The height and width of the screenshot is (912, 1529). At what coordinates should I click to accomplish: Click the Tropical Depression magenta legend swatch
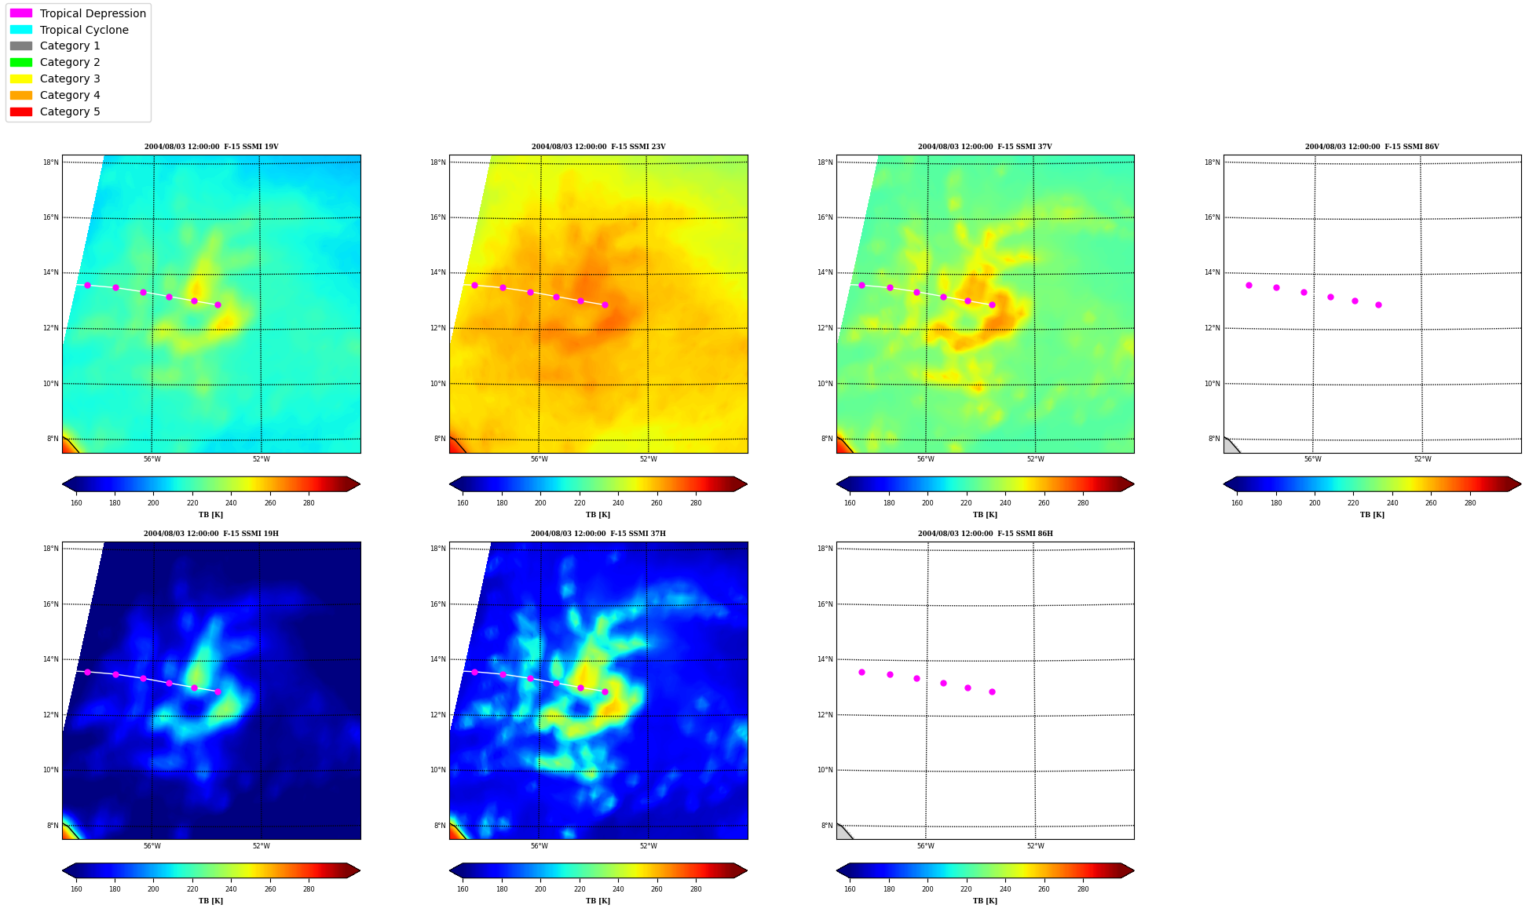21,13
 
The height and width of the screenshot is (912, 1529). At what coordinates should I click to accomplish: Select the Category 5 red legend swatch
21,111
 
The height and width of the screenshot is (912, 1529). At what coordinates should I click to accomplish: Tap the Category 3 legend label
70,78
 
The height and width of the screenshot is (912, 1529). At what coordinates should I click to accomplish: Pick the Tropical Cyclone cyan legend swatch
21,30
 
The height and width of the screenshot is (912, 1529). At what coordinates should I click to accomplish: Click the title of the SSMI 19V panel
211,147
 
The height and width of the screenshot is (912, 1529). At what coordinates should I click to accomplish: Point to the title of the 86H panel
986,534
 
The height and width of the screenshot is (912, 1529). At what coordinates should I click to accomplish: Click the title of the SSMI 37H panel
598,534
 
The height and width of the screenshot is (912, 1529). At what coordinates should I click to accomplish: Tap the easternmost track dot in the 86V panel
1378,305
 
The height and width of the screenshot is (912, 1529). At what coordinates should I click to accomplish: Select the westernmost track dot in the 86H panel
861,672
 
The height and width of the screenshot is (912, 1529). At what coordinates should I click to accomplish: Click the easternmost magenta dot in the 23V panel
605,305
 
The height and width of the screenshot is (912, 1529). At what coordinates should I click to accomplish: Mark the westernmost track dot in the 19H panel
87,672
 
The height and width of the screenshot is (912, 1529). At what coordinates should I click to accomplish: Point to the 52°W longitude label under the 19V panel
261,459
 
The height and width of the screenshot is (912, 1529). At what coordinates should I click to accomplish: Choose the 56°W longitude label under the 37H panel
539,846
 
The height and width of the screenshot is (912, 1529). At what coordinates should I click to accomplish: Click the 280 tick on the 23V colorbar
696,503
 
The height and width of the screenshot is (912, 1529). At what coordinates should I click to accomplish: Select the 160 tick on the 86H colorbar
850,889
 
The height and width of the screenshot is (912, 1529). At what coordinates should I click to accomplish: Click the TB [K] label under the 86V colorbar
1372,515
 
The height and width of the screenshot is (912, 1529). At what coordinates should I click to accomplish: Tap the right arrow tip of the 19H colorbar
360,870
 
